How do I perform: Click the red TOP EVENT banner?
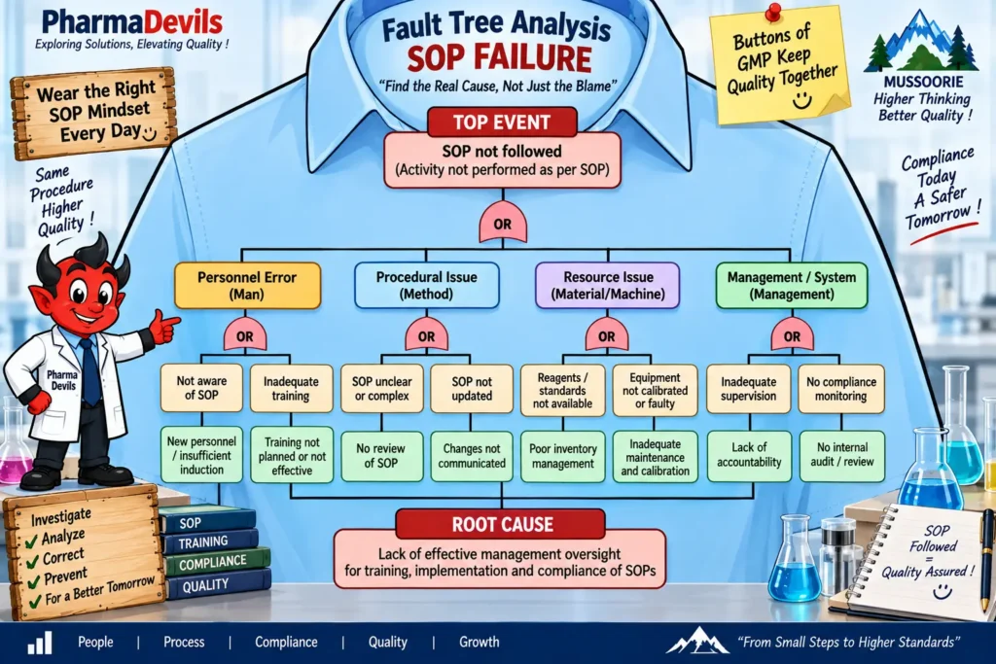point(502,122)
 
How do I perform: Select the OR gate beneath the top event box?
point(503,223)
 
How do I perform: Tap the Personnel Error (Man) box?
point(247,286)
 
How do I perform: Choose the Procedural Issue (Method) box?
point(426,286)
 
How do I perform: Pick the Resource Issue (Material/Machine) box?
point(608,286)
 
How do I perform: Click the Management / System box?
point(792,286)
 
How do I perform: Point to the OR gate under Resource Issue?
point(607,334)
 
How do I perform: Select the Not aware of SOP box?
point(201,388)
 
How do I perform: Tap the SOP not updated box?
point(472,389)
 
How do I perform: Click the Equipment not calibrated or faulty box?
point(655,390)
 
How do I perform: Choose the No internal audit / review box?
point(841,455)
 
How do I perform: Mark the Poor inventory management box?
point(563,456)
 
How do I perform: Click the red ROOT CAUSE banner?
point(502,524)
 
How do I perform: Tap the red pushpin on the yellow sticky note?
point(773,13)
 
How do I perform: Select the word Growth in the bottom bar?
point(479,642)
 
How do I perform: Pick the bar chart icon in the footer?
point(39,643)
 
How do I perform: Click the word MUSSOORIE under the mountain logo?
point(923,82)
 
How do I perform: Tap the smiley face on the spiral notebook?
point(942,592)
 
